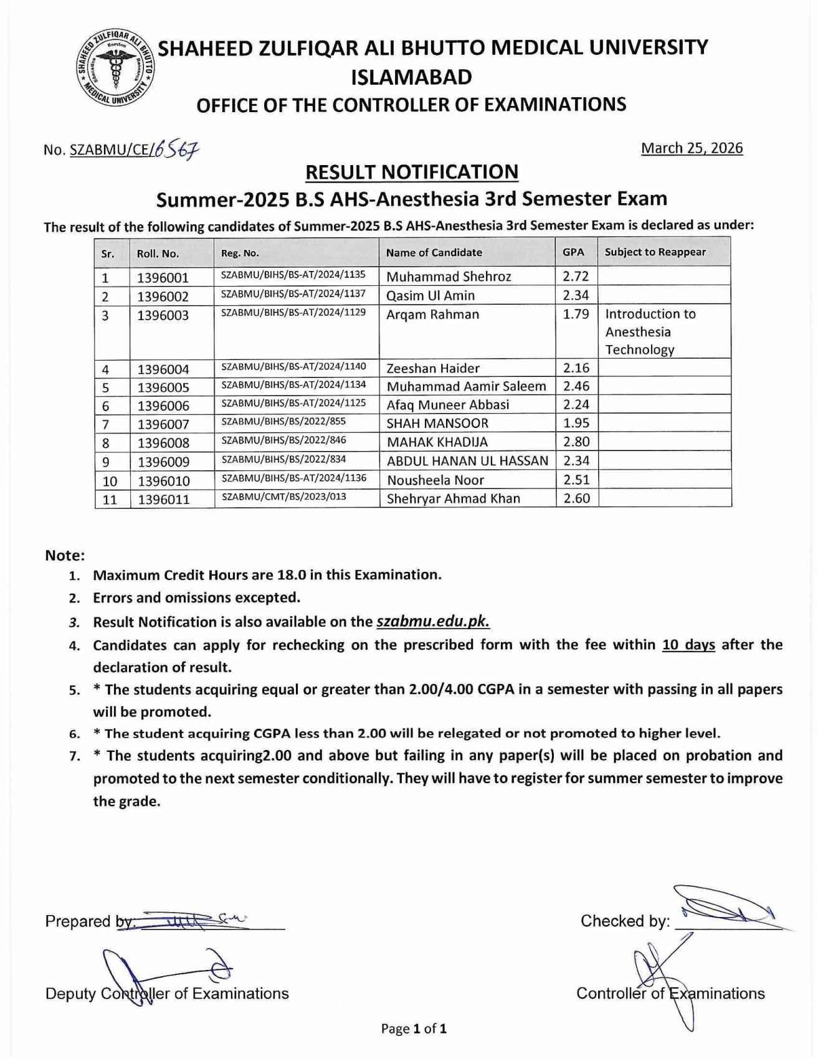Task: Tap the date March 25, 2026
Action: [x=692, y=148]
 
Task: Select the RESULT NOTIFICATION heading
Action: [x=412, y=172]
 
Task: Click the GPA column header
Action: [x=573, y=252]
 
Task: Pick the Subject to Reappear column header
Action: [x=655, y=252]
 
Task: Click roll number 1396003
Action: [x=163, y=315]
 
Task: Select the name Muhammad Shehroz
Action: [x=449, y=277]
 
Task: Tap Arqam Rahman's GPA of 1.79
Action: [x=576, y=314]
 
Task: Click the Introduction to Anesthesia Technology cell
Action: [x=650, y=331]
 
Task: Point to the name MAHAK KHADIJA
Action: [x=437, y=442]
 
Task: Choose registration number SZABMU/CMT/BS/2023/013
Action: [x=283, y=497]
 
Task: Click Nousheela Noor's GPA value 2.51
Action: [x=576, y=480]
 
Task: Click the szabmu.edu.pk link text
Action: [x=433, y=622]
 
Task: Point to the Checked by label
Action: [x=625, y=921]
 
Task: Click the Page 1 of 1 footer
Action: [x=414, y=1028]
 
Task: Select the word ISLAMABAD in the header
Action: [x=412, y=77]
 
